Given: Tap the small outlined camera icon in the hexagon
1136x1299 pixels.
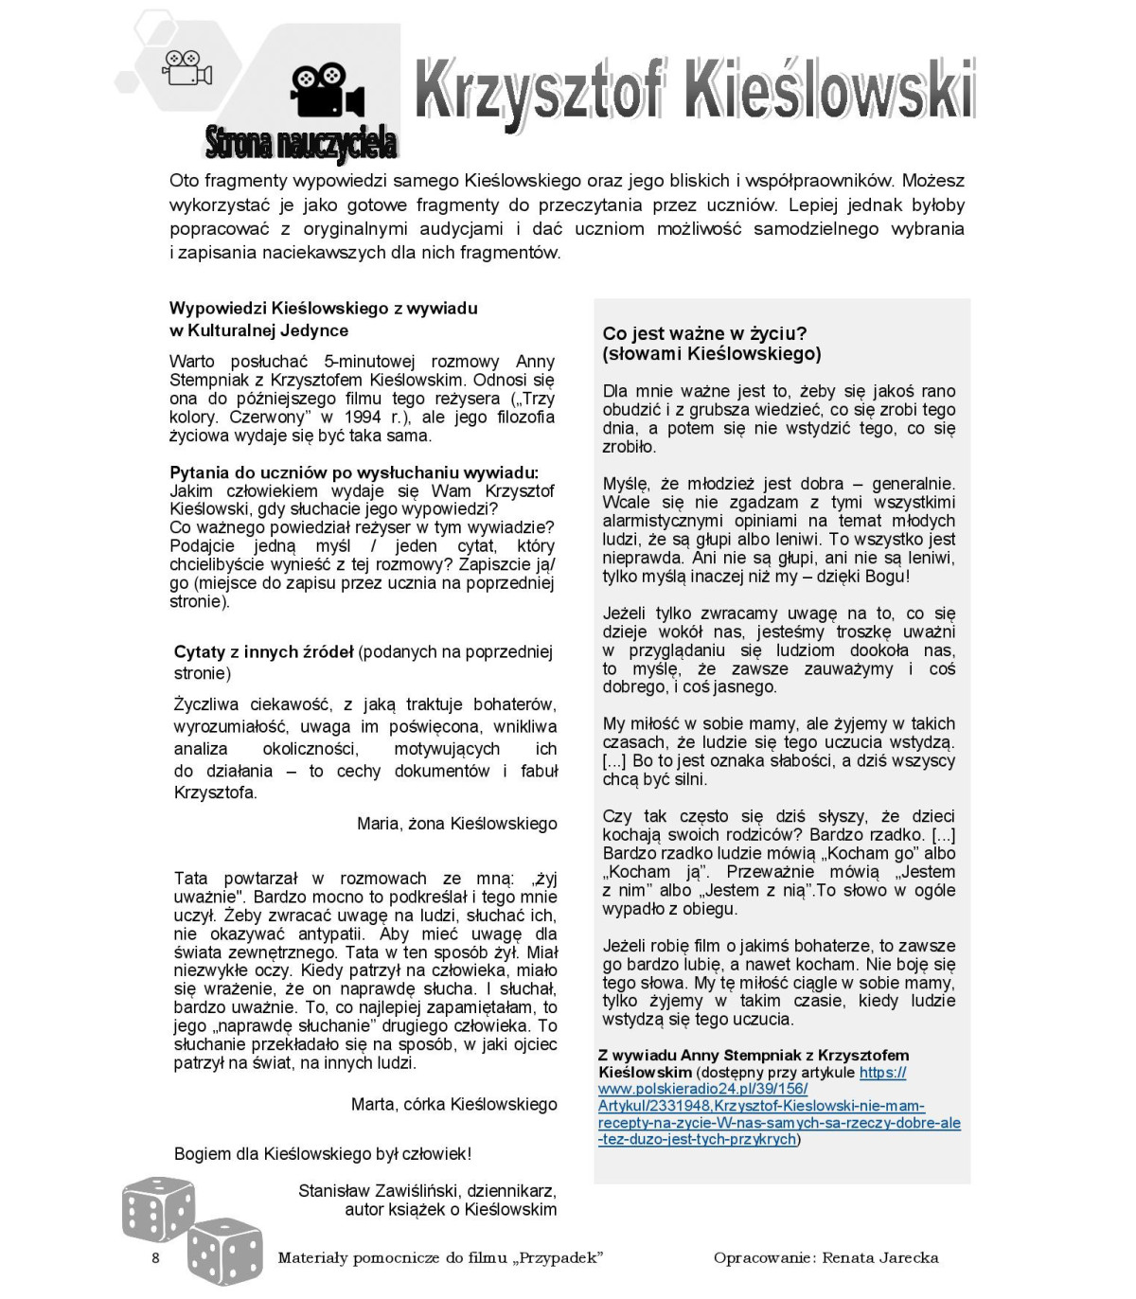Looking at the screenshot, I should pos(186,67).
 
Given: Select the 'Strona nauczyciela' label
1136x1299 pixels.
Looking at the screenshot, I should pos(301,143).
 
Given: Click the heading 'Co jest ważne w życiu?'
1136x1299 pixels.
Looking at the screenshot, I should pos(704,333).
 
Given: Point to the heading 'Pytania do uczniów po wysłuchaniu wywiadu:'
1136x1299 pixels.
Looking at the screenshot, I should pos(354,472).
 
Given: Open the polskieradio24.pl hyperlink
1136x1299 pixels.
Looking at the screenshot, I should pos(778,1106).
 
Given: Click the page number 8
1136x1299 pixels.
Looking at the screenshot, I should pos(156,1257).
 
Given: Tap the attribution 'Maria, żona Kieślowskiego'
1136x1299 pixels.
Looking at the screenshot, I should pos(456,824).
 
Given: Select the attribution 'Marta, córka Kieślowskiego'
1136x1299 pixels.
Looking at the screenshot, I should pos(453,1104).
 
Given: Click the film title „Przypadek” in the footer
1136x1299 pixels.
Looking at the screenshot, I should pos(559,1257).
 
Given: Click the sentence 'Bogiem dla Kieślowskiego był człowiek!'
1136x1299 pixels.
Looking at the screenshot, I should pos(322,1153).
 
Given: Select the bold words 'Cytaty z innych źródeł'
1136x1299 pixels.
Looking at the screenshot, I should pos(263,651).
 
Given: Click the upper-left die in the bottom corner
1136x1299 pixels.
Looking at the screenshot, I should pos(157,1208).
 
